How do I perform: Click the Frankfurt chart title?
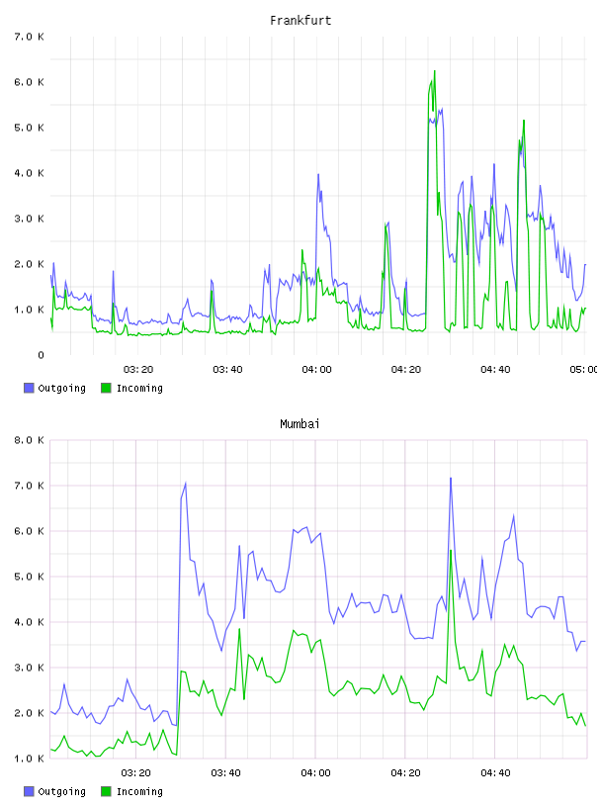[300, 21]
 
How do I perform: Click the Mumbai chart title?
[300, 424]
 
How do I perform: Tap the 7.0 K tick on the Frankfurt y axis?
[29, 37]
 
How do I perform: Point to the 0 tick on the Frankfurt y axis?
[41, 355]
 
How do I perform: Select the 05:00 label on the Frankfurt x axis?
[584, 370]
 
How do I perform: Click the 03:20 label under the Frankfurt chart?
[138, 370]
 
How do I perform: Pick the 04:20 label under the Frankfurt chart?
[406, 370]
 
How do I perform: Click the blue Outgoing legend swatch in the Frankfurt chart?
[29, 388]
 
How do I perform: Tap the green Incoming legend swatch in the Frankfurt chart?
[106, 388]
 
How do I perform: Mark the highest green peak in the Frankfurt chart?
[435, 71]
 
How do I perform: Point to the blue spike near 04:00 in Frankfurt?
[318, 174]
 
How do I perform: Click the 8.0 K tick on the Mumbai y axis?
[29, 440]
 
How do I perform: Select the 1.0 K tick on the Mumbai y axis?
[29, 759]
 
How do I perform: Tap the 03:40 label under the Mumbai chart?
[225, 773]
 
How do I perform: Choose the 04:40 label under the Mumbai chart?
[495, 773]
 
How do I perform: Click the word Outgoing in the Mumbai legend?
[61, 791]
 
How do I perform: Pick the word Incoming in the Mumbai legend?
[139, 791]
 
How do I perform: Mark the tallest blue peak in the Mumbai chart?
[451, 478]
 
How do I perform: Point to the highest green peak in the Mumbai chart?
[451, 551]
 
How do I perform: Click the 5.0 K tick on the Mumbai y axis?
[29, 577]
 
